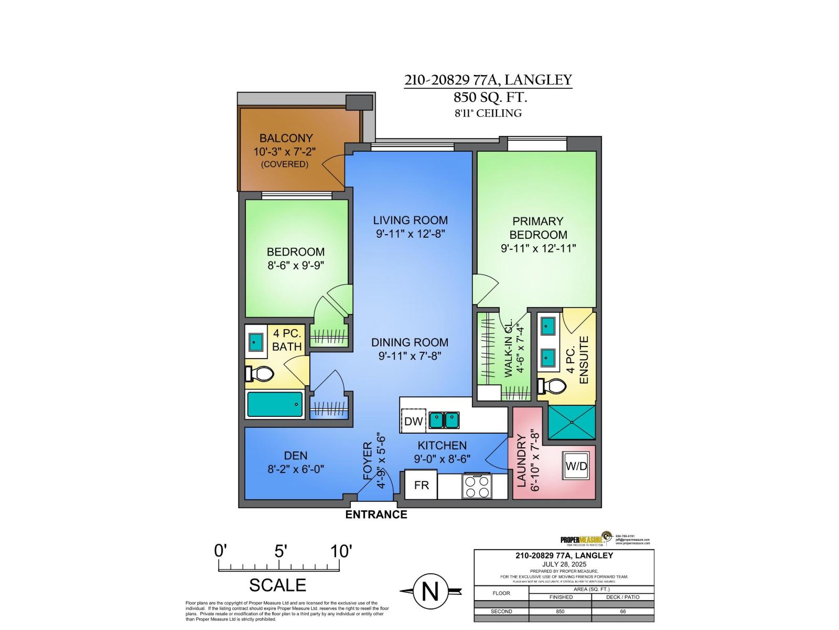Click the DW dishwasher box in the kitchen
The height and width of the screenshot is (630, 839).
pyautogui.click(x=414, y=421)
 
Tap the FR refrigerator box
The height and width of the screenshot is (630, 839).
pyautogui.click(x=421, y=485)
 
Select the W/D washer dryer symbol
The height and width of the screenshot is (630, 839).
pyautogui.click(x=576, y=465)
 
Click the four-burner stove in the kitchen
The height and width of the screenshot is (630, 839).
pyautogui.click(x=476, y=486)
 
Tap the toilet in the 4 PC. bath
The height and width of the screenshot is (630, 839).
pyautogui.click(x=259, y=374)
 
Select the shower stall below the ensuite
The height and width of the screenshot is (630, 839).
pyautogui.click(x=572, y=422)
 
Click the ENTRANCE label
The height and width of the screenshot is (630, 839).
pyautogui.click(x=376, y=514)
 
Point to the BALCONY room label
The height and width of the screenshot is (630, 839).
pyautogui.click(x=286, y=138)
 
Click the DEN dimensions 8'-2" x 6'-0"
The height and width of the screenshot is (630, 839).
pyautogui.click(x=296, y=469)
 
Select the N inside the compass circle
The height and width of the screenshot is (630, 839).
pyautogui.click(x=430, y=592)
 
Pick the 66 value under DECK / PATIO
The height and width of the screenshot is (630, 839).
pyautogui.click(x=622, y=611)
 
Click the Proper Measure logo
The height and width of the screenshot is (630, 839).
pyautogui.click(x=586, y=539)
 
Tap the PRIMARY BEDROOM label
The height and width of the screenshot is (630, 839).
pyautogui.click(x=538, y=228)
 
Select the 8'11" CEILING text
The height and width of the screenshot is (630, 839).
pyautogui.click(x=488, y=113)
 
